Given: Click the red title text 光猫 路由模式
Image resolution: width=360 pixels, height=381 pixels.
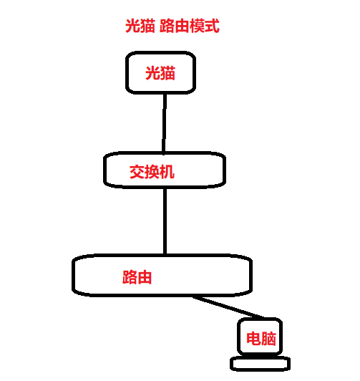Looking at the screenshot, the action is click(172, 26).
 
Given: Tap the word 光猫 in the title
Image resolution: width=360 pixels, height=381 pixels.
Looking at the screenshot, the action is click(140, 26).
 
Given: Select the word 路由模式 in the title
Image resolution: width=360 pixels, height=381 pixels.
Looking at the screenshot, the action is click(190, 26).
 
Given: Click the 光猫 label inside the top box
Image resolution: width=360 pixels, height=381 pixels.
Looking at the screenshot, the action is click(160, 73).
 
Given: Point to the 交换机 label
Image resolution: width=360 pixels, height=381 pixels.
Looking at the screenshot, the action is click(152, 172).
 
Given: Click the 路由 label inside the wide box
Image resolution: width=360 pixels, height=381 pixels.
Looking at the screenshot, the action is click(137, 277).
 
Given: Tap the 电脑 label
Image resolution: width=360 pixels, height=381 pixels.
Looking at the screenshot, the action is click(261, 339).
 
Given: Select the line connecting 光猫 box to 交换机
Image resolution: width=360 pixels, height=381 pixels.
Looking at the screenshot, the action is click(165, 122).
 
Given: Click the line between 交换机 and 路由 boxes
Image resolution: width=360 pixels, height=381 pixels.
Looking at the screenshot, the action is click(165, 221).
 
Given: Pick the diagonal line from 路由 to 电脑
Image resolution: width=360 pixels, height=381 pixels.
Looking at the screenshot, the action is click(229, 307).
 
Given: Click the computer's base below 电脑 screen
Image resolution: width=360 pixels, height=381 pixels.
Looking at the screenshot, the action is click(260, 364).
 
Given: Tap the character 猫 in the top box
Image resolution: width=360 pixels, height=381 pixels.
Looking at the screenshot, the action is click(167, 73).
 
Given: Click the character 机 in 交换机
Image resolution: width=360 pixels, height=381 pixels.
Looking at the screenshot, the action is click(167, 172).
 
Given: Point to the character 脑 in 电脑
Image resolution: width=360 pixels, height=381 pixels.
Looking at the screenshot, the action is click(268, 339).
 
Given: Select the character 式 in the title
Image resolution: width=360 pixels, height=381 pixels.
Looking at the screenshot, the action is click(213, 26).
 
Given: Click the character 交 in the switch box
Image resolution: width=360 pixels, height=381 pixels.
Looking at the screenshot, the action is click(137, 172).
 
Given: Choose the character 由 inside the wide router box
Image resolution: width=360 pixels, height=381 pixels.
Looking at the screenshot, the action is click(145, 277).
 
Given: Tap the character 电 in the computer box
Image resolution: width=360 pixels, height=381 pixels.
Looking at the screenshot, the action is click(253, 339).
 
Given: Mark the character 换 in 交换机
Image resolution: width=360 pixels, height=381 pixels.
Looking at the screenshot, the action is click(152, 172).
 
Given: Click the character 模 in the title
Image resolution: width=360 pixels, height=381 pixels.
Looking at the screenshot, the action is click(197, 26).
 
